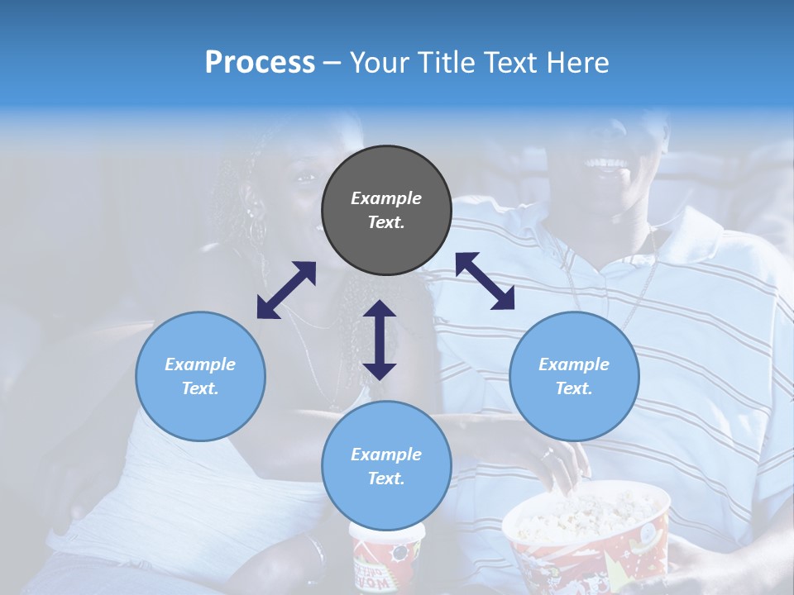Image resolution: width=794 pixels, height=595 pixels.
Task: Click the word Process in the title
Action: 260,63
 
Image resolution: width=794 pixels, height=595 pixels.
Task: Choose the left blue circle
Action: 200,376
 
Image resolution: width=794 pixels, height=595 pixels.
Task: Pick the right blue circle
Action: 574,376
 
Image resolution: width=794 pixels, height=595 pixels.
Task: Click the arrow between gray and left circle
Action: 286,290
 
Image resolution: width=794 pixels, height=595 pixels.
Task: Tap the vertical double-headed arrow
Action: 380,340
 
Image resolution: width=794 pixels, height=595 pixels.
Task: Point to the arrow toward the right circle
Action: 485,281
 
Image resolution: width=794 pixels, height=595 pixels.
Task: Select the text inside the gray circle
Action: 386,210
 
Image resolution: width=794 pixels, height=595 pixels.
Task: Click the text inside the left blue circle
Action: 200,376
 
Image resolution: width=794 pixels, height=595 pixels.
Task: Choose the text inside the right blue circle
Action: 574,376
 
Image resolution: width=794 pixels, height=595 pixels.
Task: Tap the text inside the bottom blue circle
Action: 386,466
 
